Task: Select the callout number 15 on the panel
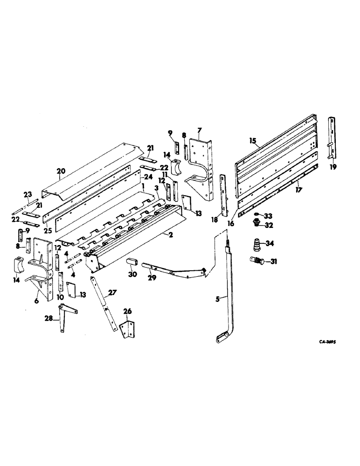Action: click(x=253, y=140)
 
